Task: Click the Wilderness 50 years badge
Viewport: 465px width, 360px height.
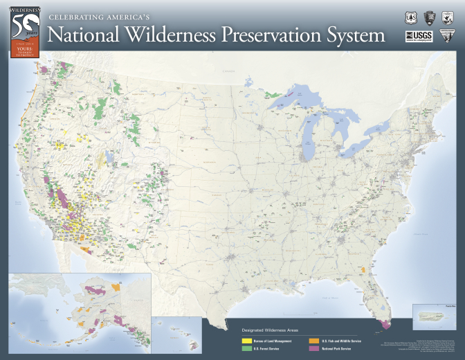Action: [24, 32]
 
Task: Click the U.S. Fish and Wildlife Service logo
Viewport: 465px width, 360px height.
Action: [448, 18]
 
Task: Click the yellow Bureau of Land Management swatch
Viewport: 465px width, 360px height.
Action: [246, 341]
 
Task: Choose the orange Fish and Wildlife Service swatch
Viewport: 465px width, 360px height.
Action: [313, 341]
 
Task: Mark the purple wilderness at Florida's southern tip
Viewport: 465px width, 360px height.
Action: [385, 321]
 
